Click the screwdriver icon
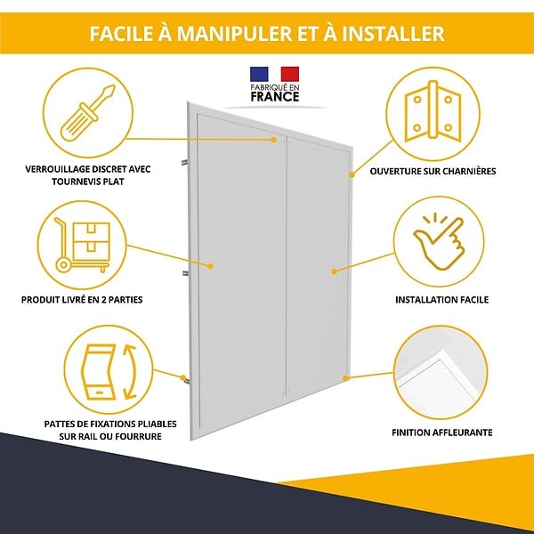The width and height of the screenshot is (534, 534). tap(87, 113)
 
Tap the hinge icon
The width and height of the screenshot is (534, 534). tap(433, 111)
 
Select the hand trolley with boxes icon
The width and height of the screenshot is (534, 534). tap(82, 245)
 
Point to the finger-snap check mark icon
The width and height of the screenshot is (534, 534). tap(439, 241)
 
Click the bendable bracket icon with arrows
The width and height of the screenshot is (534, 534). tap(109, 371)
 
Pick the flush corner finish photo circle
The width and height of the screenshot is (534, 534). tap(441, 372)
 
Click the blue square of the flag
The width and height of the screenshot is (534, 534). tap(259, 74)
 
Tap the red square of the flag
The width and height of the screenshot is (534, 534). tap(290, 74)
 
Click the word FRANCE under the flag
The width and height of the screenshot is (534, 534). tap(275, 97)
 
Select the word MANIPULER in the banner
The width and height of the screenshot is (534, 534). tap(235, 34)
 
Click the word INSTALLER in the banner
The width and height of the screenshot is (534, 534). tap(393, 34)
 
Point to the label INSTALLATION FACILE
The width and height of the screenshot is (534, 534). tap(441, 300)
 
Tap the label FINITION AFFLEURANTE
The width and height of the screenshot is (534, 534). tap(442, 433)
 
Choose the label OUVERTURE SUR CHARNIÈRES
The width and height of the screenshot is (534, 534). tap(433, 171)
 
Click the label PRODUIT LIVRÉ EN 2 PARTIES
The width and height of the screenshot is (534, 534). tap(82, 300)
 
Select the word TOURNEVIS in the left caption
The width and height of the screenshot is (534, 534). tap(74, 182)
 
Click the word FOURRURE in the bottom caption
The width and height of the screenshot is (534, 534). tap(142, 436)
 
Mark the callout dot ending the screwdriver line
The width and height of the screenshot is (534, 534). tap(273, 140)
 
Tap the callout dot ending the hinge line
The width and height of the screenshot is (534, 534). tap(352, 174)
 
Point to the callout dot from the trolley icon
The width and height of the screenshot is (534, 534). tap(210, 266)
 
